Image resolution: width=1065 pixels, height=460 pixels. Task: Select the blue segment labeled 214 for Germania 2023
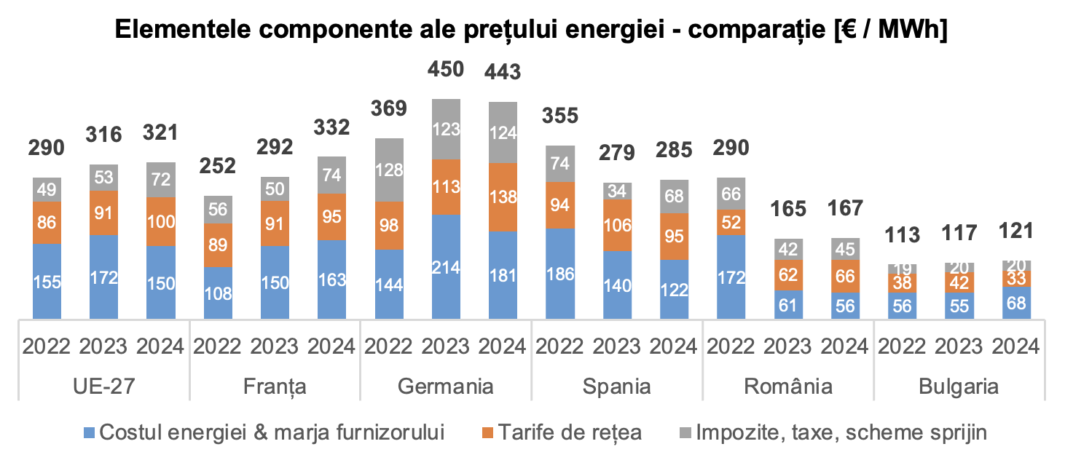446,267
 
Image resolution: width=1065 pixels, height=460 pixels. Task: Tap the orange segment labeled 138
503,197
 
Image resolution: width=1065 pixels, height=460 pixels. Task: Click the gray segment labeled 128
389,170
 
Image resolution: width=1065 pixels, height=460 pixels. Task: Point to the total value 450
446,69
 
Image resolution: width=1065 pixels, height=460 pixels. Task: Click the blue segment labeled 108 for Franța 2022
218,293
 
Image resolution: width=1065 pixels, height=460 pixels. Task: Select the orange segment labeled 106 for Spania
617,226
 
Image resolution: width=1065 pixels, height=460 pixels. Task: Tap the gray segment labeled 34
617,191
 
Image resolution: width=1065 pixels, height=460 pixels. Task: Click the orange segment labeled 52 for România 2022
731,222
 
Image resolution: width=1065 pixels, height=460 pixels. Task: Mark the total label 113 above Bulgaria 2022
903,234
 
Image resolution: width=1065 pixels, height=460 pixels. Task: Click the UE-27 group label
104,386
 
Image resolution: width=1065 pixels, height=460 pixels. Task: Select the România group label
788,386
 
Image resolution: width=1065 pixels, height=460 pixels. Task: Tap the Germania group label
446,386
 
